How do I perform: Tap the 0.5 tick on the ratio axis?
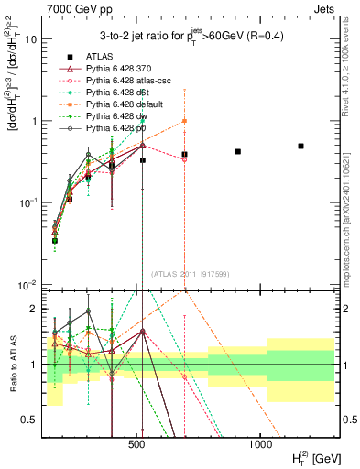[29, 420]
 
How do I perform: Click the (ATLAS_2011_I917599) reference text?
[189, 274]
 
